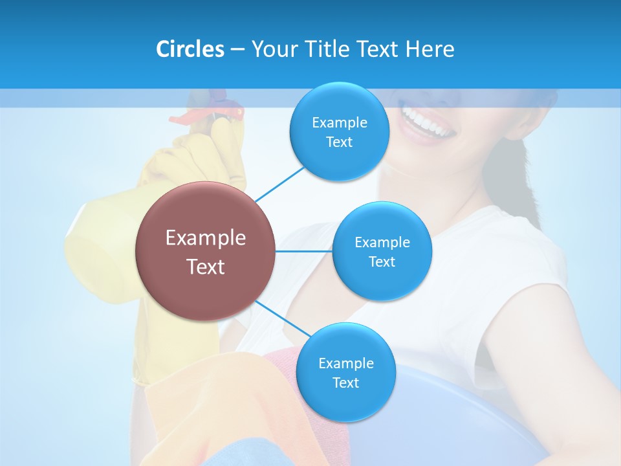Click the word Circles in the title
pos(190,49)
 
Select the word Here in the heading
pos(430,49)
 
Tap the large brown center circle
pos(205,251)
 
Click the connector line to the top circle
pos(279,183)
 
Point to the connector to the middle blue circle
pos(304,251)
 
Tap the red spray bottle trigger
pos(188,118)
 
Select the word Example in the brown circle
pos(205,238)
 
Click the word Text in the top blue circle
pos(339,142)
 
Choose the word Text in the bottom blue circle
pos(345,383)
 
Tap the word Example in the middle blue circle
pos(382,242)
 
